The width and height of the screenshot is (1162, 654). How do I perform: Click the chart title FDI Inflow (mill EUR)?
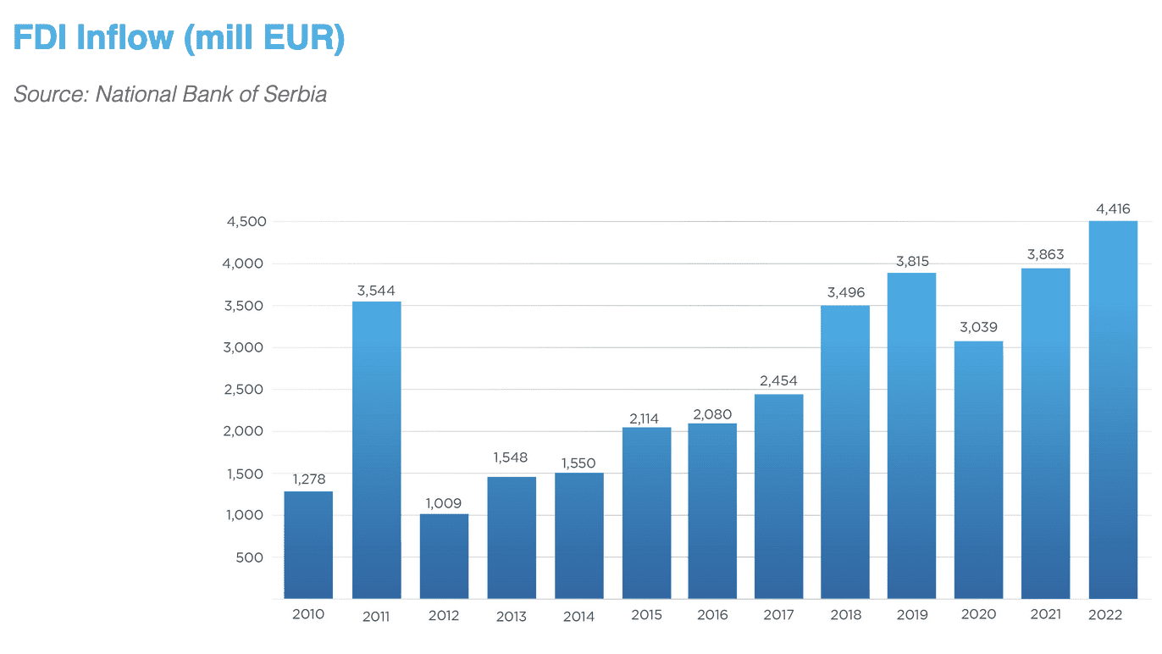[179, 39]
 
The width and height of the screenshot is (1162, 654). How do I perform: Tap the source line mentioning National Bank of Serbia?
[170, 94]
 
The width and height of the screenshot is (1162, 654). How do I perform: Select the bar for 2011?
[376, 450]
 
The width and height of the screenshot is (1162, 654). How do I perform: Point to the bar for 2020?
[978, 469]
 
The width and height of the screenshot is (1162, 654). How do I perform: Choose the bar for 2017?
[778, 496]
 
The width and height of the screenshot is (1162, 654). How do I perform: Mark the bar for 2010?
[308, 545]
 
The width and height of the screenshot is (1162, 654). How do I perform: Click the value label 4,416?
[1113, 208]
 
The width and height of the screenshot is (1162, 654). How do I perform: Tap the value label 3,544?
[376, 291]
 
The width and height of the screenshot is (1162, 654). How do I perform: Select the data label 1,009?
[444, 503]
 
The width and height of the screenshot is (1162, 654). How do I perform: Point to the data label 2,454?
[778, 381]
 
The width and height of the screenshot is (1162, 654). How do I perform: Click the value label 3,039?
[978, 327]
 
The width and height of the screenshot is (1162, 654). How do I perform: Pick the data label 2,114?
[646, 418]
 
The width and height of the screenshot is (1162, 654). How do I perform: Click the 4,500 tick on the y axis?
[246, 222]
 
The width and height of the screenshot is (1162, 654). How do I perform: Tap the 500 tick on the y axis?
[251, 557]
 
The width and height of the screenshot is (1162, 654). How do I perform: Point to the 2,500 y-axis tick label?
[246, 390]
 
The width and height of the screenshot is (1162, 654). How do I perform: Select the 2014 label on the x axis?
[579, 616]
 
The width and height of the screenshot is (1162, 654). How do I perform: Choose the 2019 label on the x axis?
[911, 615]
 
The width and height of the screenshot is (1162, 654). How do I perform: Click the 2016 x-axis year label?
[712, 615]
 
